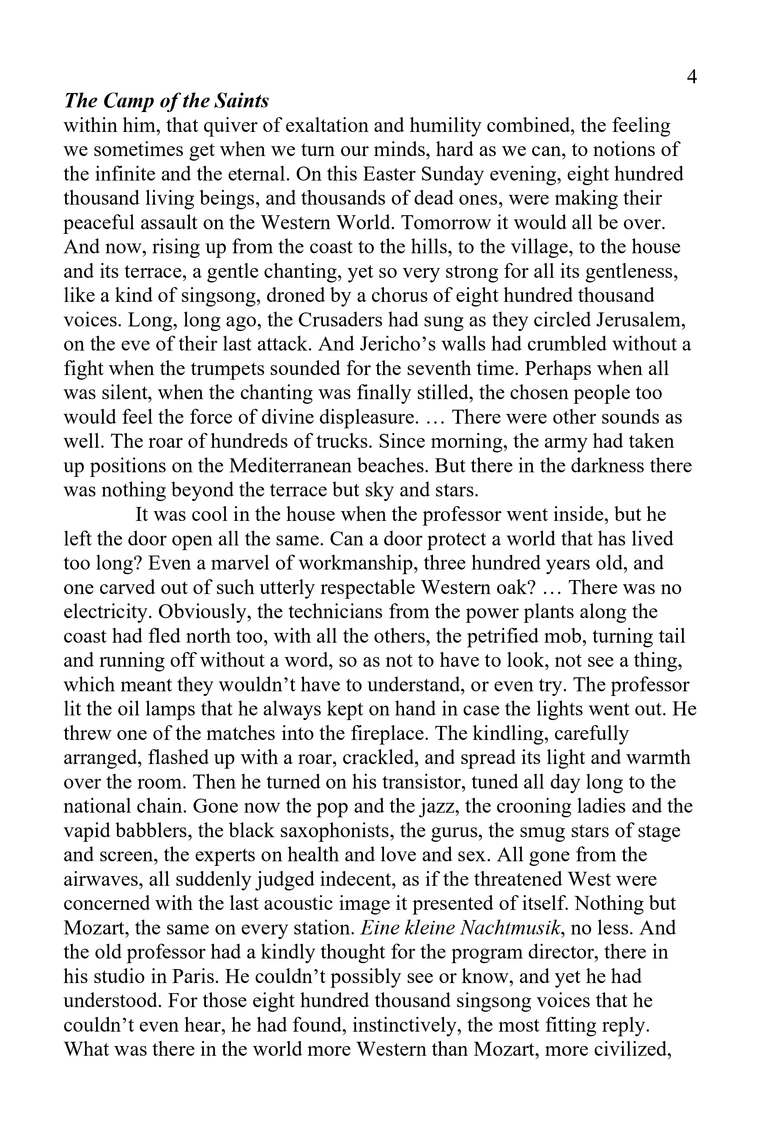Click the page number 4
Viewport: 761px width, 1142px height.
[692, 77]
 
